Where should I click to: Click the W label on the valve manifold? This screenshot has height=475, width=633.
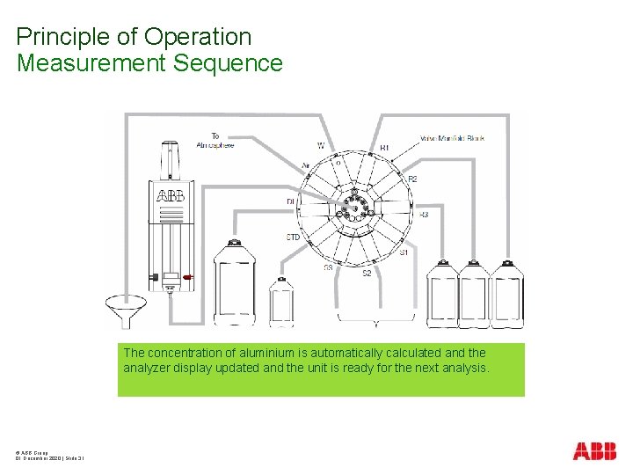coord(321,145)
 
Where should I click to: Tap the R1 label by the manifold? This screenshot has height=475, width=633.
coord(384,148)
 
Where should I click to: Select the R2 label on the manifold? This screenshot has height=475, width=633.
coord(412,179)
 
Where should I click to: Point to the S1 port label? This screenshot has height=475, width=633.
coord(404,252)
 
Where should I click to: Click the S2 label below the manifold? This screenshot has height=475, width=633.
coord(367,274)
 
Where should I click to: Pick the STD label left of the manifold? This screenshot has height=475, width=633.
coord(294,237)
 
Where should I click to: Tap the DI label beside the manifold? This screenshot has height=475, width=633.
coord(290,202)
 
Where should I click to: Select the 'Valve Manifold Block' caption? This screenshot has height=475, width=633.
coord(453,138)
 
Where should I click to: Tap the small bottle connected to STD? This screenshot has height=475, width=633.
coord(281,301)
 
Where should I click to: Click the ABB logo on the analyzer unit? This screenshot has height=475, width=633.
coord(171,195)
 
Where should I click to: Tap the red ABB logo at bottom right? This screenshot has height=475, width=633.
coord(594,451)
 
